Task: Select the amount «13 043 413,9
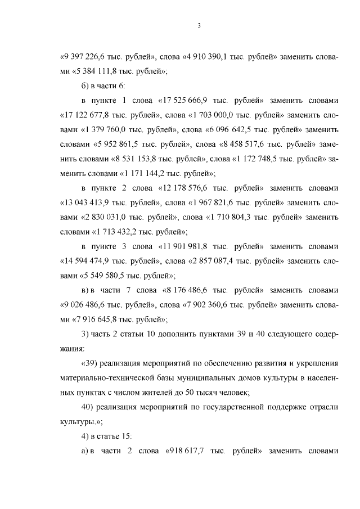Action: click(84, 218)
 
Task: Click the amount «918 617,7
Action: click(187, 452)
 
